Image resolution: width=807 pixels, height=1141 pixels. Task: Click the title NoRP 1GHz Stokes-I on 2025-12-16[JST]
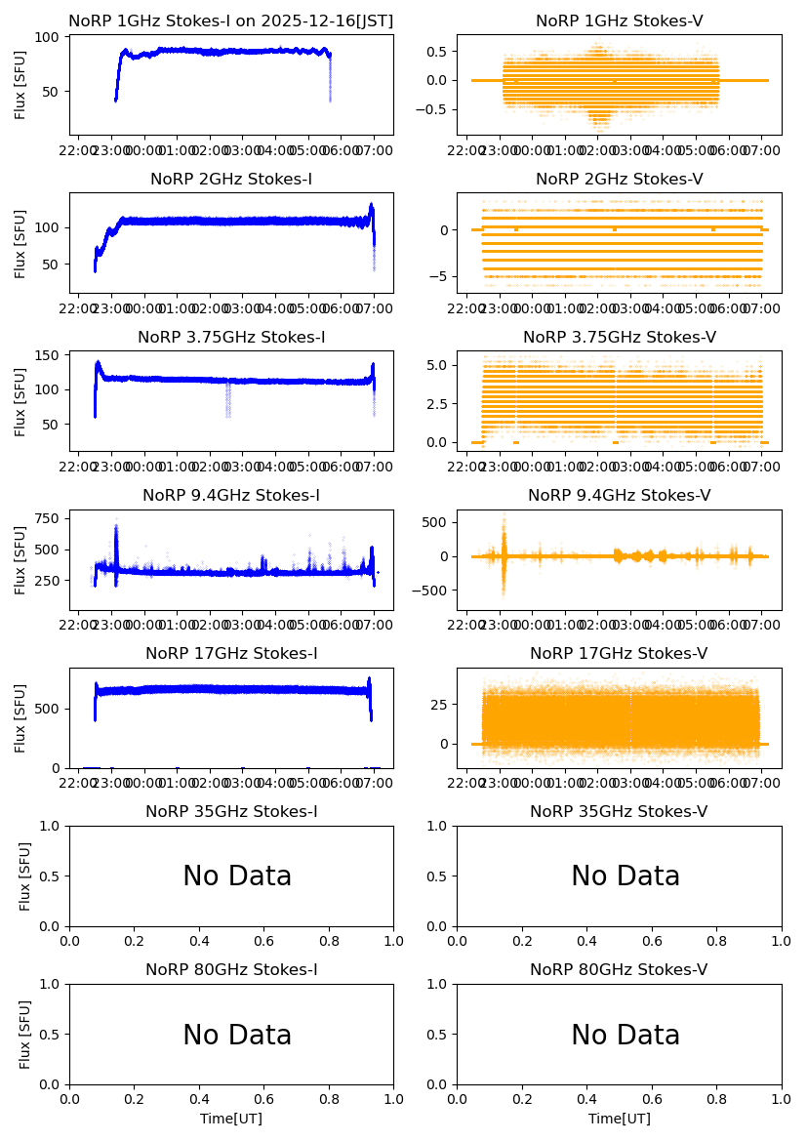(230, 21)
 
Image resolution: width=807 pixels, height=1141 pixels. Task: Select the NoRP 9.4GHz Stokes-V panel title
(619, 496)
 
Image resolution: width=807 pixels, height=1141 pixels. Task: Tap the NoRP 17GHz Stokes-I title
(231, 654)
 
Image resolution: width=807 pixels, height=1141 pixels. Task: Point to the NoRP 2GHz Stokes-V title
(619, 180)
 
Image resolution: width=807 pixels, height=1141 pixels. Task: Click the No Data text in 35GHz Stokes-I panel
(237, 876)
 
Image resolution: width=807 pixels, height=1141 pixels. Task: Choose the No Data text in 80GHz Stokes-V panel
(625, 1035)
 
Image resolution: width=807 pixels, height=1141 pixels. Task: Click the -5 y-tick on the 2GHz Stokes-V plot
(443, 276)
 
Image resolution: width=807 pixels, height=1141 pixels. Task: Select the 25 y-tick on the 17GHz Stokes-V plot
(440, 704)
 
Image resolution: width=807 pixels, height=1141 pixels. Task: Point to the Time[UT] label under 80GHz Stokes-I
(231, 1119)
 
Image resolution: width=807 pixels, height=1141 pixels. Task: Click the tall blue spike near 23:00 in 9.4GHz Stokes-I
(116, 542)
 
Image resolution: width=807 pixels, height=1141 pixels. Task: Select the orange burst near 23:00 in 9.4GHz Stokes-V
(504, 556)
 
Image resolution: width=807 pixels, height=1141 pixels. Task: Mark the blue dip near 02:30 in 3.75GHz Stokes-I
(228, 400)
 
